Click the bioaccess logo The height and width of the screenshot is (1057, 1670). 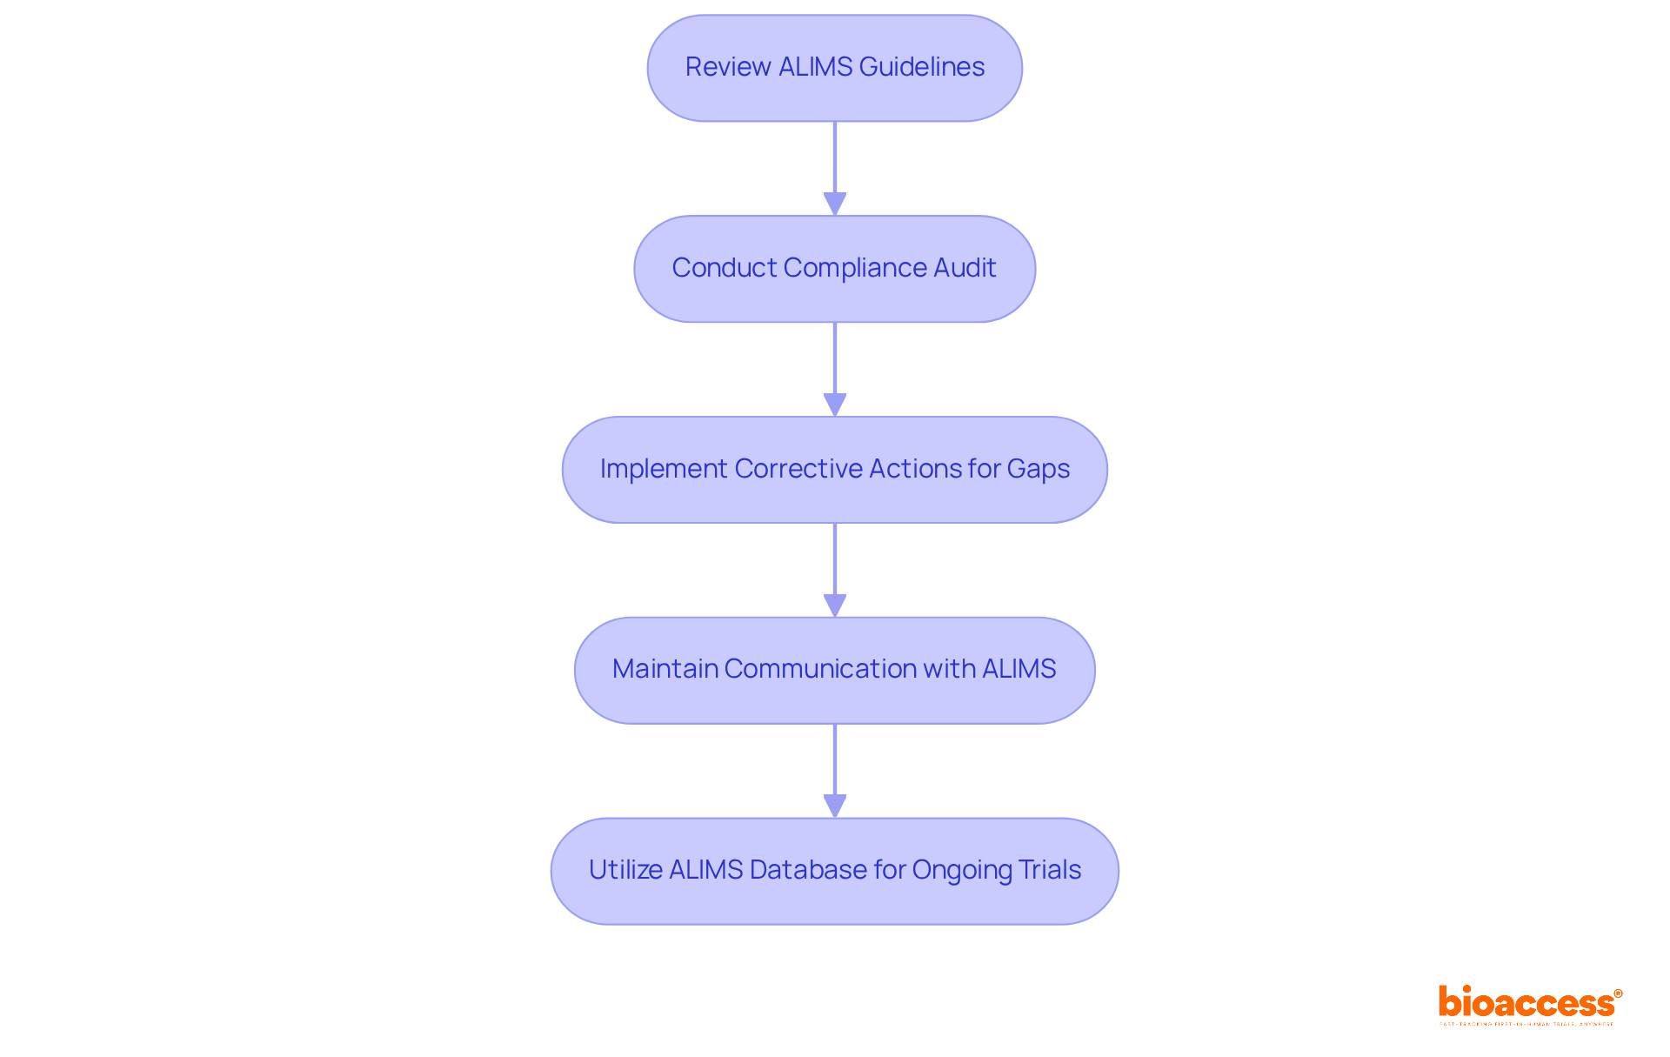(1527, 1004)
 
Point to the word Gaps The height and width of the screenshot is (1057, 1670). (1039, 469)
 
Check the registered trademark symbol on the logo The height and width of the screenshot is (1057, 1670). (1618, 993)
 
